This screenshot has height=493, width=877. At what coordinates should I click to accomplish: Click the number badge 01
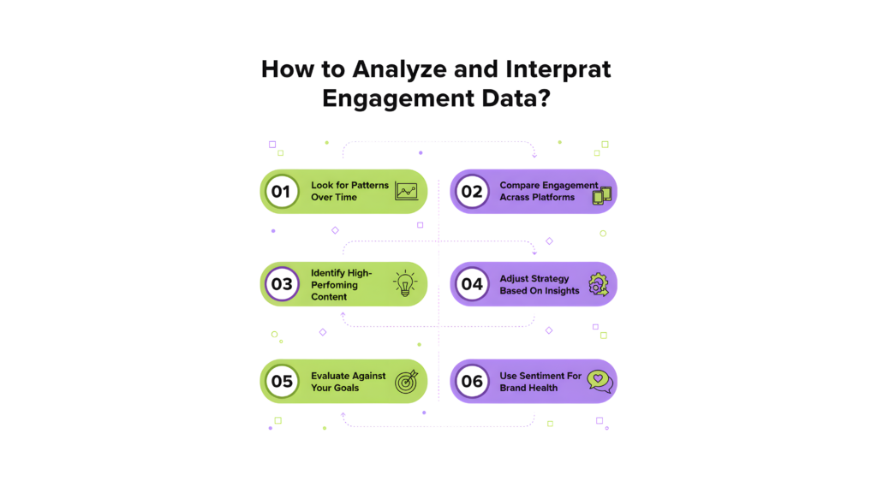pos(281,192)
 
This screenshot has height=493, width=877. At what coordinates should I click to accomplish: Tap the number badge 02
pos(472,192)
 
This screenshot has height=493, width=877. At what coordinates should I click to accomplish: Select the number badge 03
pos(281,284)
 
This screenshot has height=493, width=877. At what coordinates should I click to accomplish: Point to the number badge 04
pos(472,284)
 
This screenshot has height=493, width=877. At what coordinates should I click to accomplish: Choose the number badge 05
pos(281,381)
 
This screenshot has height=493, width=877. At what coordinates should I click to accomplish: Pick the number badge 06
pos(472,381)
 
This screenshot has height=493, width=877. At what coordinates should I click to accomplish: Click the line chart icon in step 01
pos(407,192)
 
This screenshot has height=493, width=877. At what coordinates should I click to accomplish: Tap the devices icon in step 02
pos(602,196)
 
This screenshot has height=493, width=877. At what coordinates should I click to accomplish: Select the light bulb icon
pos(404,283)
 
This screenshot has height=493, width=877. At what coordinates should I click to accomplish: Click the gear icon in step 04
pos(598,285)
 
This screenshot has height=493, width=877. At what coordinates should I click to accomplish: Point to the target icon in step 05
pos(405,382)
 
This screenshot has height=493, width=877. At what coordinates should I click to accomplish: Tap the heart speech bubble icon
pos(600,382)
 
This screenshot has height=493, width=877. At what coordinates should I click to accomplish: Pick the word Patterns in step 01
pos(370,186)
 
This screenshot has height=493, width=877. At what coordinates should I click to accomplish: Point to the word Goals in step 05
pos(347,388)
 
